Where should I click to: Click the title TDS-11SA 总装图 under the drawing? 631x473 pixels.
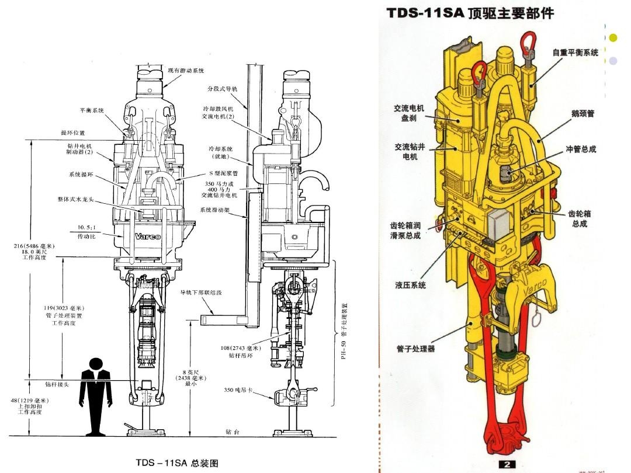coord(177,462)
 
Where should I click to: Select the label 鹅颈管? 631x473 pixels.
coord(583,113)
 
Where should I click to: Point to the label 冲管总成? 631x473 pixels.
coord(581,149)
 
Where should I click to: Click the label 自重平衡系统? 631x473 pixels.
coord(575,53)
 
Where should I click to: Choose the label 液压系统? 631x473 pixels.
coord(410,285)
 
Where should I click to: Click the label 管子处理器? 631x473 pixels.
coord(415,349)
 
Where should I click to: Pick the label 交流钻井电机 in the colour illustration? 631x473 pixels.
coord(409,152)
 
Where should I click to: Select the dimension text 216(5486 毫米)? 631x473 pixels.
coord(34,246)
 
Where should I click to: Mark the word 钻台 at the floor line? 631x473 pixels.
coord(232,432)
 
